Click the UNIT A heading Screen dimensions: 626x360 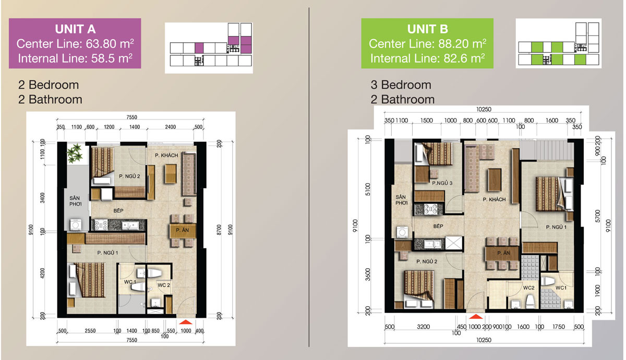75,29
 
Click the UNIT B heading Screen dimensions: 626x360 428,29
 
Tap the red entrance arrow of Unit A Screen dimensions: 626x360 186,322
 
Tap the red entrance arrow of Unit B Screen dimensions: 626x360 476,316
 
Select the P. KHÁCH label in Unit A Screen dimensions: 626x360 166,155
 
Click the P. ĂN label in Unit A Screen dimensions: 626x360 182,230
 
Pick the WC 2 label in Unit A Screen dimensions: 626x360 164,285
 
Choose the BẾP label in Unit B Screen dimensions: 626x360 438,226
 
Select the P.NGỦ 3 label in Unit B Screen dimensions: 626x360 442,183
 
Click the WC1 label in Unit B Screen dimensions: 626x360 561,287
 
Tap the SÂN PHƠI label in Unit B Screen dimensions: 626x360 401,200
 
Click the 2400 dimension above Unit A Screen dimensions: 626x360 170,127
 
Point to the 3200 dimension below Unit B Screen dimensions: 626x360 423,327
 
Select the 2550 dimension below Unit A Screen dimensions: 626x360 90,331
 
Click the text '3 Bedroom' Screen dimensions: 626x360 401,85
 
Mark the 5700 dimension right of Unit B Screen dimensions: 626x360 597,216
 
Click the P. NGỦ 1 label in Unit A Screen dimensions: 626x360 107,253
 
